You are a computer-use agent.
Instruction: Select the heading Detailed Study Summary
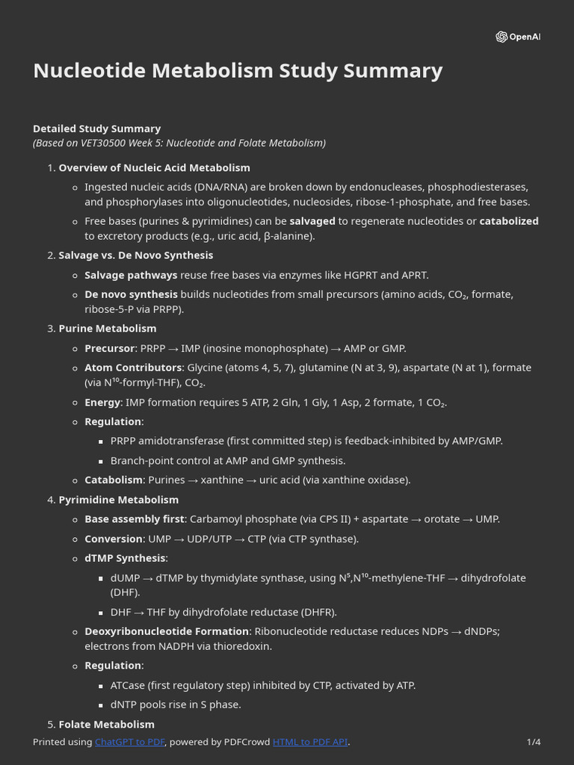96,128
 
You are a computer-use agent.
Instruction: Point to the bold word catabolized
508,221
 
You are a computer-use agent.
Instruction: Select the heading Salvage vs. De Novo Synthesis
135,255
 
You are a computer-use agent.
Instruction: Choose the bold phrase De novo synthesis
131,294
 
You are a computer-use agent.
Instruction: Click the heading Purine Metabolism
107,329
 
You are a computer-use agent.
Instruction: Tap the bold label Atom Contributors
132,368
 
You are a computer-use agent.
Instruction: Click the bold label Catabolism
113,480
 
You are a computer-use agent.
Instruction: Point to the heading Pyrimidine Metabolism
118,500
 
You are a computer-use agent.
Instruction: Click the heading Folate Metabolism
106,725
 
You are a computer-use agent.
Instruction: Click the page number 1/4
533,742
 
